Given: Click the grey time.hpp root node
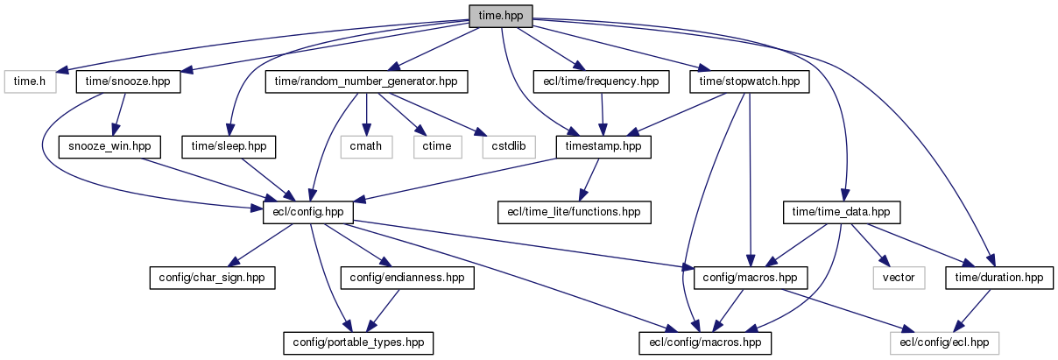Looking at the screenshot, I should click(x=500, y=16).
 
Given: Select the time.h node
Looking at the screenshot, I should click(x=31, y=81).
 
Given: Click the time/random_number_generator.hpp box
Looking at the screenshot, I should click(x=365, y=81).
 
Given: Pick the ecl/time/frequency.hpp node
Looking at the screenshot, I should click(x=600, y=81).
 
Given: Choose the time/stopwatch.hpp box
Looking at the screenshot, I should click(x=749, y=81).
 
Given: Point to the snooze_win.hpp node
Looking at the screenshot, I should click(x=108, y=146).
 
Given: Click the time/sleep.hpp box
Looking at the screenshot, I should click(x=229, y=146).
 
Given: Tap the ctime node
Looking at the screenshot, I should click(x=436, y=146).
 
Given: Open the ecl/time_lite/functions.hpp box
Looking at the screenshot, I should click(x=575, y=212).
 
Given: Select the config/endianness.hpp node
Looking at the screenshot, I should click(x=407, y=278).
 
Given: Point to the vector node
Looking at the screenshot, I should click(x=898, y=278).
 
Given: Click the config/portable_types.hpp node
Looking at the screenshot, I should click(x=359, y=342).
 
